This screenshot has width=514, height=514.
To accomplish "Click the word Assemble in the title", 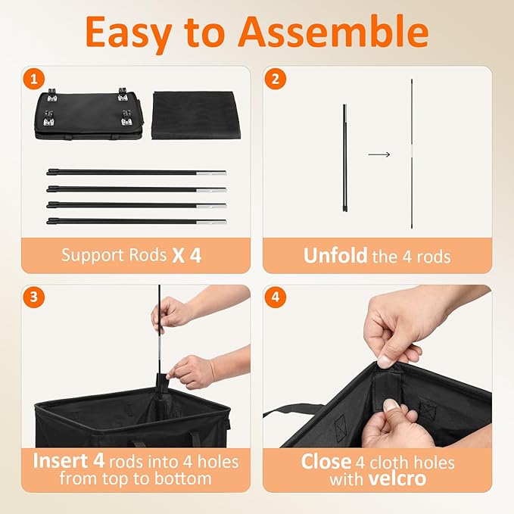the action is (334, 32).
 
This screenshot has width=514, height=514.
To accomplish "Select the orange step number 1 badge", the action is (34, 79).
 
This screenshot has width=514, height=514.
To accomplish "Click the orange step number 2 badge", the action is (276, 79).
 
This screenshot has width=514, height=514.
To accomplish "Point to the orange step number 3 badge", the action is (34, 297).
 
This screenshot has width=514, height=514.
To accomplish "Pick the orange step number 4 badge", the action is (276, 297).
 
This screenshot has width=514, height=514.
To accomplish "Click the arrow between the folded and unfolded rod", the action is (379, 154).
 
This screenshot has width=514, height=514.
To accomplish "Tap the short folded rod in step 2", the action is (344, 157).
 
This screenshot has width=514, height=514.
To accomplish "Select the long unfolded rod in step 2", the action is (412, 154).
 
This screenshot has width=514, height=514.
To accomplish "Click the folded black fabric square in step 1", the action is (196, 115).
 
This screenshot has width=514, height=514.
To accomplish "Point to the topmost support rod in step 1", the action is (136, 172).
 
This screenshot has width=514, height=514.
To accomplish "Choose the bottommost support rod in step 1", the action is (136, 221).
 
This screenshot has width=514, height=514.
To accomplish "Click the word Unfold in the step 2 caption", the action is (335, 255).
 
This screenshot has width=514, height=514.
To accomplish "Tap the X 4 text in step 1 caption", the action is (186, 255).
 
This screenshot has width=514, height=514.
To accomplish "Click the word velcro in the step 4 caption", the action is (397, 478).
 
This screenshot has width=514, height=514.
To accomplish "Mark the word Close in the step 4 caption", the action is (326, 462).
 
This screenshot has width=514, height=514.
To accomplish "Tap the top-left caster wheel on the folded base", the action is (52, 95).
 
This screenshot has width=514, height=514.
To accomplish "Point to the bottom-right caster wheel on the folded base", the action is (126, 118).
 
